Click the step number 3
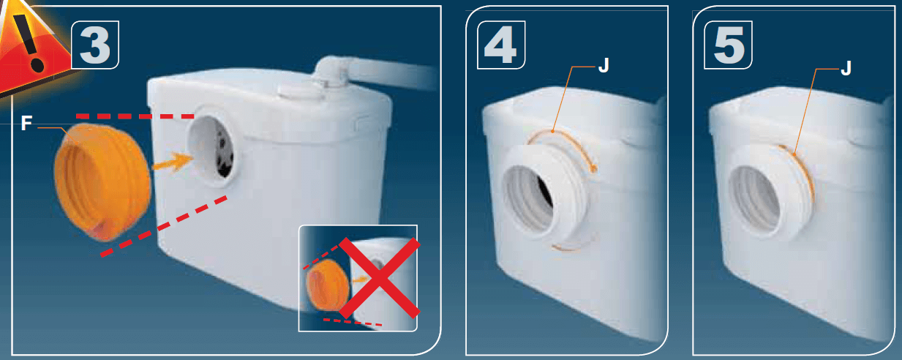click(95, 45)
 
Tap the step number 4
click(500, 45)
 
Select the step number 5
click(729, 45)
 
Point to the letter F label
click(26, 123)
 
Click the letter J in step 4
click(604, 65)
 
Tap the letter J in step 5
click(847, 69)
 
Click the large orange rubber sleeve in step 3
click(102, 181)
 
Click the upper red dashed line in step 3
click(135, 116)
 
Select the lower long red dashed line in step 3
click(163, 226)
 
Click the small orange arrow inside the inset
click(361, 279)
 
